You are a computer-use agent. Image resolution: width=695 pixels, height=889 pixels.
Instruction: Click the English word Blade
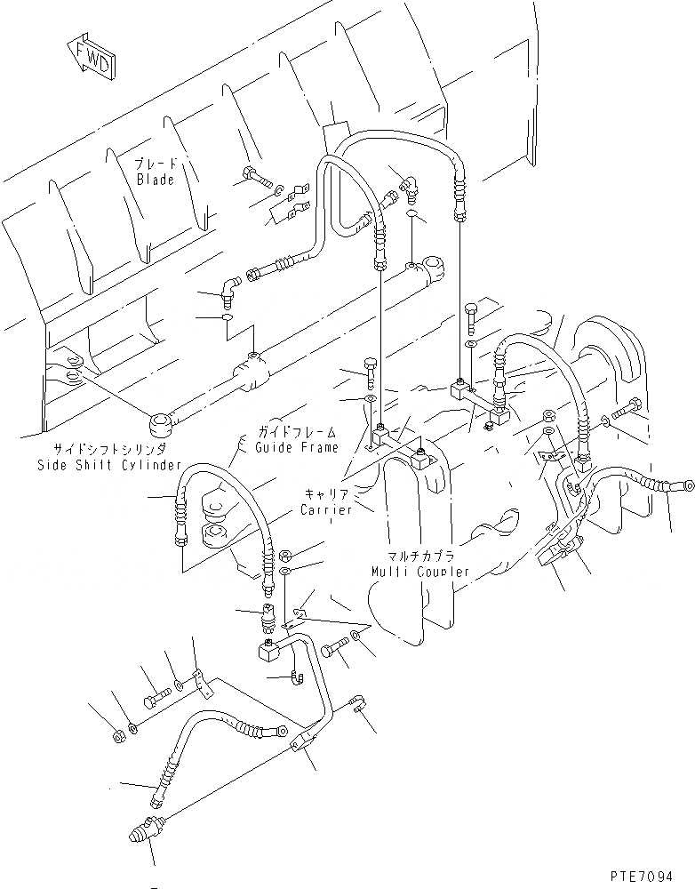(156, 180)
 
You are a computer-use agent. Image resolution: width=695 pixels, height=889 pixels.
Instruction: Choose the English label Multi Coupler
(421, 571)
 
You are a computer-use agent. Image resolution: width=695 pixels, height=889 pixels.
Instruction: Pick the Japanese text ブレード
(156, 164)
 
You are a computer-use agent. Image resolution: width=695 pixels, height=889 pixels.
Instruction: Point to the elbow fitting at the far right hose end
(680, 487)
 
